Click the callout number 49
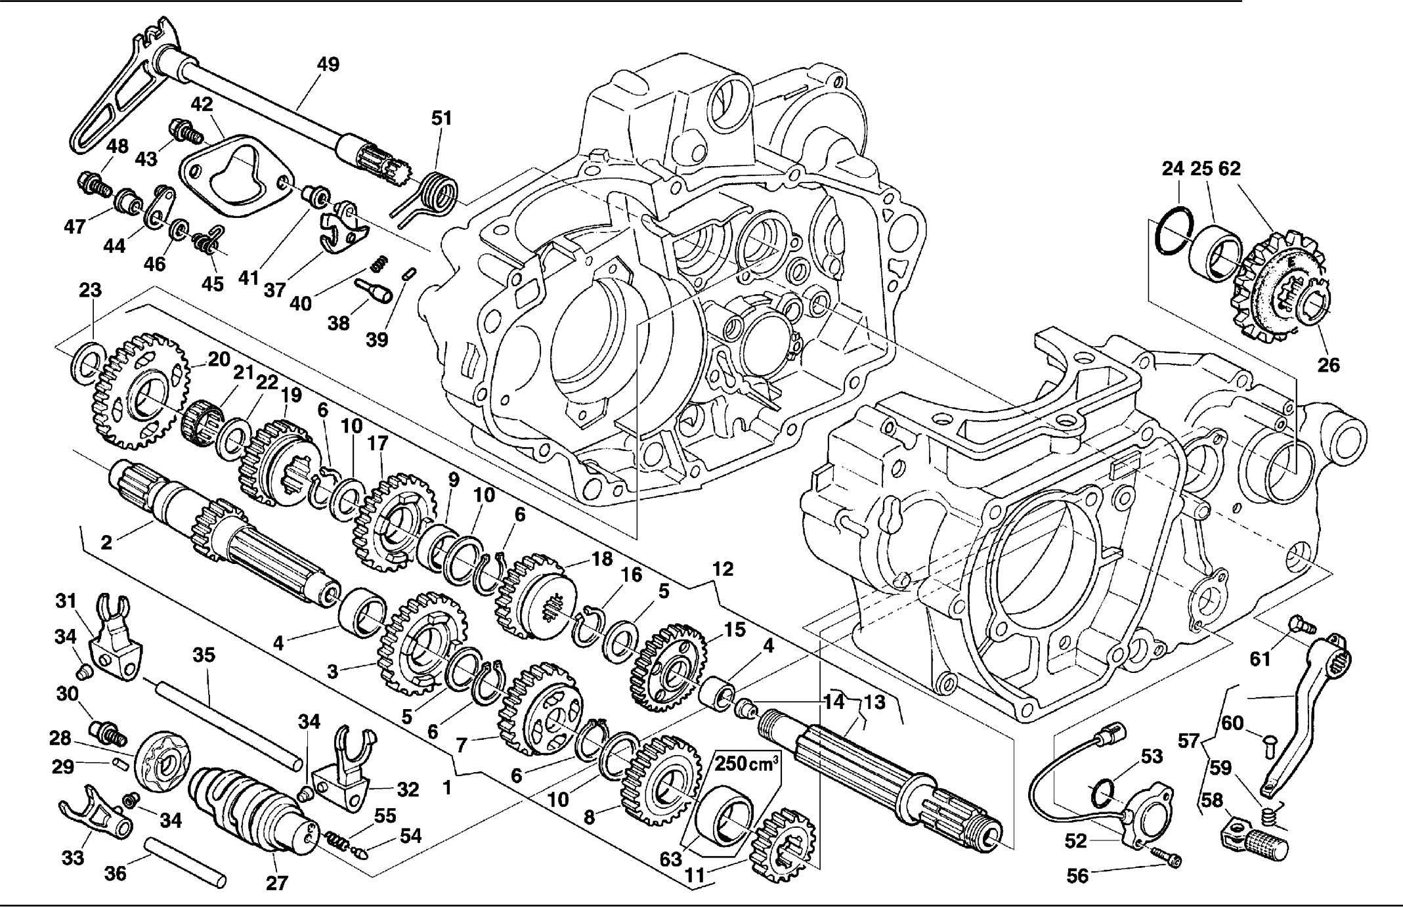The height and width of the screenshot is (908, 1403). point(328,65)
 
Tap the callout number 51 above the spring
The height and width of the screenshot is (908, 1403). point(442,119)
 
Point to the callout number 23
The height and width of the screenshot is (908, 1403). point(91,290)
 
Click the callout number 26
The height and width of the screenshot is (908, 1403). point(1328,365)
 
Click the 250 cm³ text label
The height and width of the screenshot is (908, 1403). point(746,764)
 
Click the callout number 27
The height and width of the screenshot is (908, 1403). point(276,882)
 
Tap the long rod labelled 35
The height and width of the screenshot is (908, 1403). point(227,722)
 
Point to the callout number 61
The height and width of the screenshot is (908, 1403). point(1260,659)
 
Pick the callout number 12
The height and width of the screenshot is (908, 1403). point(722,569)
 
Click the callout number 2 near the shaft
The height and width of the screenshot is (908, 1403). point(106,542)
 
